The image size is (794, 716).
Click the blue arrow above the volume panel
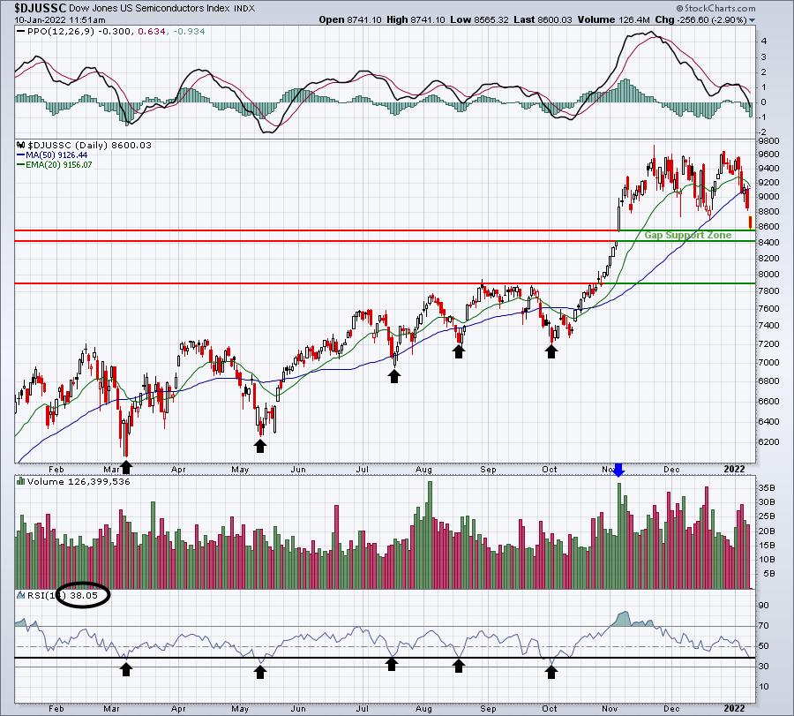(618, 471)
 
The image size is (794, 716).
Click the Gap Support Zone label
(688, 236)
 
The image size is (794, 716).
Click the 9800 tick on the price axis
(768, 141)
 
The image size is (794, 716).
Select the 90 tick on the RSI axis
(765, 606)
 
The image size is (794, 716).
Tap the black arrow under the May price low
(260, 445)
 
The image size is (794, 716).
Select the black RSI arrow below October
(551, 672)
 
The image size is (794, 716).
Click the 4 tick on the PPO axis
(763, 41)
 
